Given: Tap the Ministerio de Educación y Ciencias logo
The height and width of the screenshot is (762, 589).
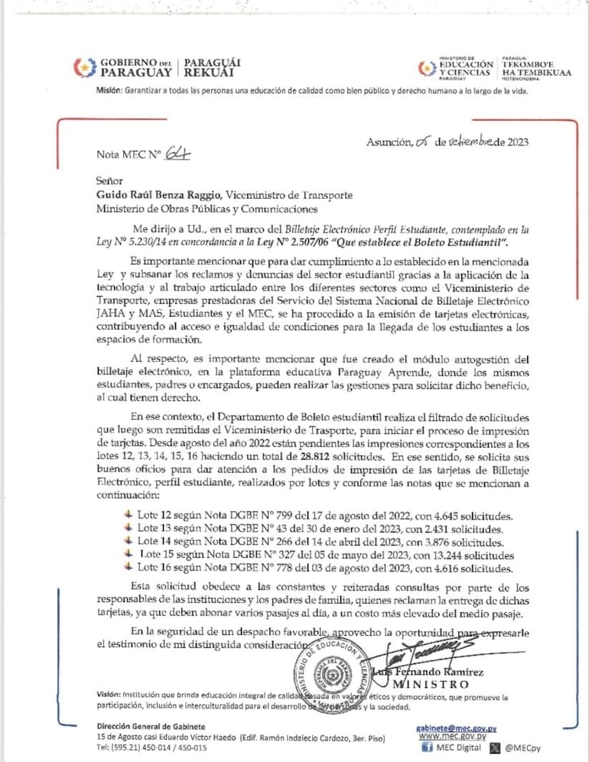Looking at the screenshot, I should tap(426, 68).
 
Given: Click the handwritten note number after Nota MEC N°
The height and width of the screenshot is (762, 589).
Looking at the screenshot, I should tap(177, 153).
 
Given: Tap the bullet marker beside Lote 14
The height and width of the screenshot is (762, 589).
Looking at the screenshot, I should tap(128, 542).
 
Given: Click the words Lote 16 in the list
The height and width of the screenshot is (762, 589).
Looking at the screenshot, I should tap(154, 568).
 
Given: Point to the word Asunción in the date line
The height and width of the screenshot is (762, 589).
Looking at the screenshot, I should tap(389, 142).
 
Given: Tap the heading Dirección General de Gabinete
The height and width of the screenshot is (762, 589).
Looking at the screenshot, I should tap(151, 726).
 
